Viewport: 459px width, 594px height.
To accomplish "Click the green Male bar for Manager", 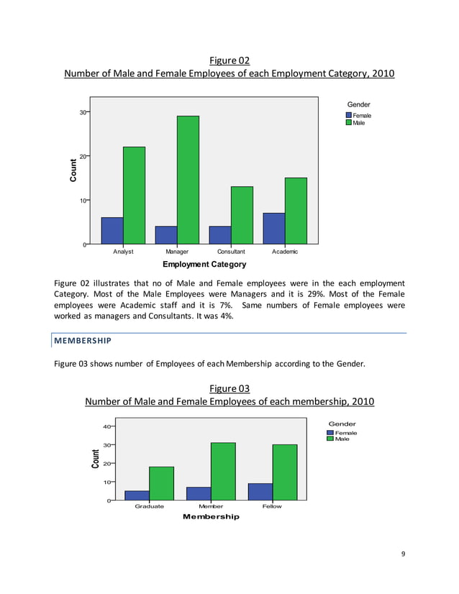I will (x=188, y=180).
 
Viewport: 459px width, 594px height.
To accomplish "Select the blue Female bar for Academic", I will (x=273, y=229).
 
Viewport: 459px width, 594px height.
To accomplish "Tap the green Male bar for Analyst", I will (x=134, y=196).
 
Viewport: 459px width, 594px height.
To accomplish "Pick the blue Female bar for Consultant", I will (x=219, y=235).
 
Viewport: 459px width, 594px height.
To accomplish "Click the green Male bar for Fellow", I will (x=284, y=472).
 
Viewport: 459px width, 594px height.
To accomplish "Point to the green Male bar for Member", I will (x=223, y=471).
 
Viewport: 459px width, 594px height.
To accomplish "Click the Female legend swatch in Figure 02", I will (x=348, y=115).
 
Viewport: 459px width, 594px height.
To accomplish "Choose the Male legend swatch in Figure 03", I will (x=330, y=439).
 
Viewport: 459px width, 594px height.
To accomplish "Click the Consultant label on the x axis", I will (x=231, y=252).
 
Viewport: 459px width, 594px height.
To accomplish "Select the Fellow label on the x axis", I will (x=272, y=506).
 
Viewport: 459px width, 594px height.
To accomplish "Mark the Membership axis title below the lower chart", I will (x=211, y=517).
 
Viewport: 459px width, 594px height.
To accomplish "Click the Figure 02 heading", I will (x=229, y=60).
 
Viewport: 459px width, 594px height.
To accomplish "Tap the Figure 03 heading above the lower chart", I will (x=229, y=388).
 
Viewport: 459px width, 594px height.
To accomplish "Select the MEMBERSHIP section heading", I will (x=81, y=339).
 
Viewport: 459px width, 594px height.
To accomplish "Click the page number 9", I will (x=403, y=553).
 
